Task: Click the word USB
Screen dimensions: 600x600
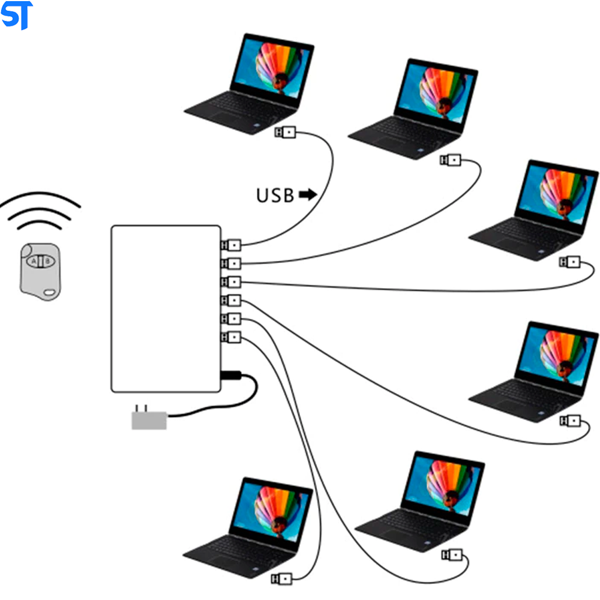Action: click(x=275, y=196)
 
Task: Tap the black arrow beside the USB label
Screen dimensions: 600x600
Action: click(x=308, y=194)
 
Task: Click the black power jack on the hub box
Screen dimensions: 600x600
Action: click(x=231, y=376)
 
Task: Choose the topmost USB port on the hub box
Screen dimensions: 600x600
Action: click(x=231, y=245)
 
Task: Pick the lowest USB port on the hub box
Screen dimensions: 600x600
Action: click(x=231, y=337)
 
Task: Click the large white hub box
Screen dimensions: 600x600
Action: click(x=166, y=308)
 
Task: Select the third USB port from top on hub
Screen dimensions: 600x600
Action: click(x=231, y=281)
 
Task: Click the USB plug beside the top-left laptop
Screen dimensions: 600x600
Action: click(x=286, y=132)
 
